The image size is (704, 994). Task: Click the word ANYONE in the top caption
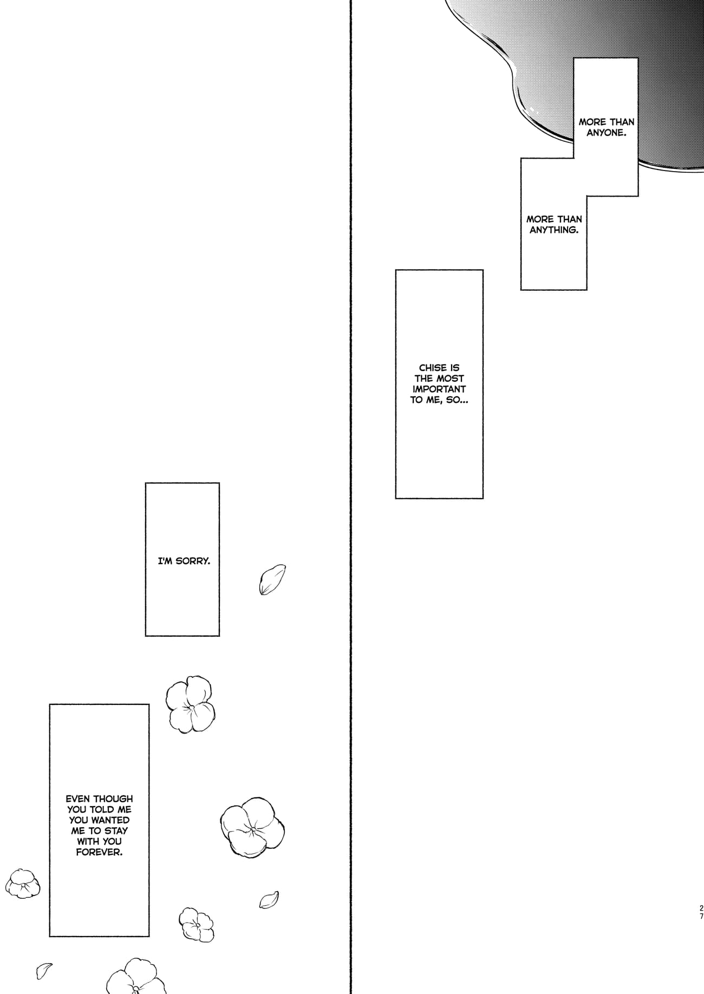click(x=606, y=133)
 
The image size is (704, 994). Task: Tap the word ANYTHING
click(x=553, y=230)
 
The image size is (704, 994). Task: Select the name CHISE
click(x=432, y=368)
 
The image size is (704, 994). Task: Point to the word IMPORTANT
click(x=439, y=389)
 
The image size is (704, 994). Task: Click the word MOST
click(x=451, y=378)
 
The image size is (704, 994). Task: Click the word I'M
click(x=165, y=561)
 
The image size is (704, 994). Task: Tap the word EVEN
click(x=78, y=799)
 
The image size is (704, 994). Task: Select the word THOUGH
click(x=113, y=799)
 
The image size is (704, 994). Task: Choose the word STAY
click(x=116, y=830)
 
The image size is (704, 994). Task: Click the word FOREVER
click(x=99, y=852)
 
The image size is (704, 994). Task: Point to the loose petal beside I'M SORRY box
click(x=272, y=579)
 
